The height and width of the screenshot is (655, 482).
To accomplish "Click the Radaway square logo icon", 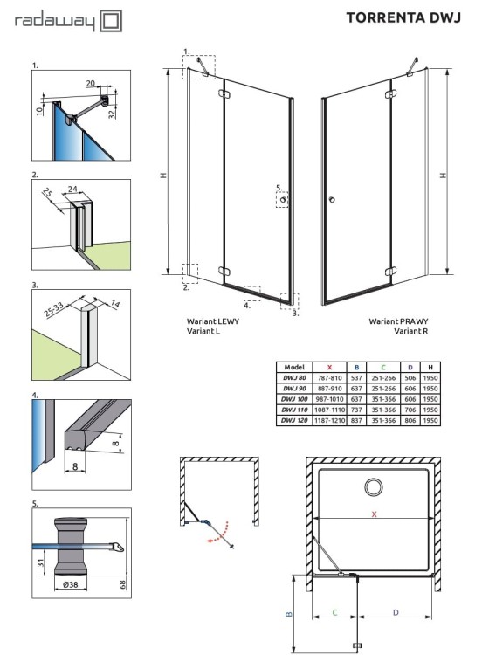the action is [112, 21].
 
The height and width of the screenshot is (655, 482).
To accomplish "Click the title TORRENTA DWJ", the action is [403, 17].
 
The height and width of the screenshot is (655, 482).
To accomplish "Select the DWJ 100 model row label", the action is [294, 399].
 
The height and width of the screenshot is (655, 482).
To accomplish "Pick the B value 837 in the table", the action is [356, 420].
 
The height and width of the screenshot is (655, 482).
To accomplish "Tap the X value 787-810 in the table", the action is [329, 377].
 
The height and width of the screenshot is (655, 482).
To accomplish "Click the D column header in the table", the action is [410, 367].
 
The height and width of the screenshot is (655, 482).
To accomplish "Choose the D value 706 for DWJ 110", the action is [410, 410].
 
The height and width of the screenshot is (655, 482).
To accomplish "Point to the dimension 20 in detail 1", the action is [91, 84].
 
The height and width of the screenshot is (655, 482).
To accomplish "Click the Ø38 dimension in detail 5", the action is [70, 584].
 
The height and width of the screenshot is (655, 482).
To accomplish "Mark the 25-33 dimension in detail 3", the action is [54, 309].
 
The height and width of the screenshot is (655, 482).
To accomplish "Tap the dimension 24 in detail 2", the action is [72, 189].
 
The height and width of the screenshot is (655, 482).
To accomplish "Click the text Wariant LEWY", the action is [212, 321].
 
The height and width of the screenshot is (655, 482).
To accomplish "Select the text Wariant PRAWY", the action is [398, 321].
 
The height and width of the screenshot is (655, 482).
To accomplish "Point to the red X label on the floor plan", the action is [375, 514].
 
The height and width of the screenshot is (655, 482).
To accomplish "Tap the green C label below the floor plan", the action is [334, 612].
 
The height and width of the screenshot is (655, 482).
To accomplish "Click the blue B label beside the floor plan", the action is [289, 614].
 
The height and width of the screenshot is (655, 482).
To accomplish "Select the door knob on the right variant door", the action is [332, 200].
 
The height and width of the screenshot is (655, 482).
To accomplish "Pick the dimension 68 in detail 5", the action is [123, 584].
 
